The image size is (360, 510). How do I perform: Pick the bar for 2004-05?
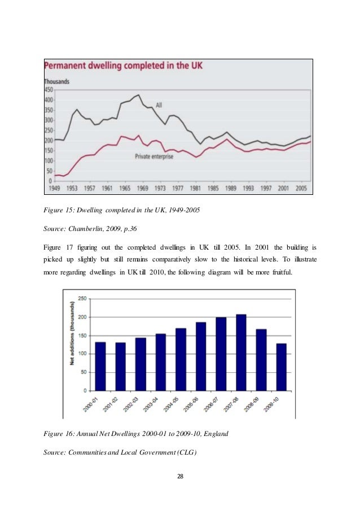point(181,359)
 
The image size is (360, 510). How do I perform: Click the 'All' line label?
point(159,105)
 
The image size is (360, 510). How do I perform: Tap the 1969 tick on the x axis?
point(142,188)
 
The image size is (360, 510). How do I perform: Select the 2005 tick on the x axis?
point(300,188)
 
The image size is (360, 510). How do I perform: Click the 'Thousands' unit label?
point(57,81)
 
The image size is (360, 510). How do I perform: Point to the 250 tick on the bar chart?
point(82,298)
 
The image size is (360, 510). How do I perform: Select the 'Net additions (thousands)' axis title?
point(72,344)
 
